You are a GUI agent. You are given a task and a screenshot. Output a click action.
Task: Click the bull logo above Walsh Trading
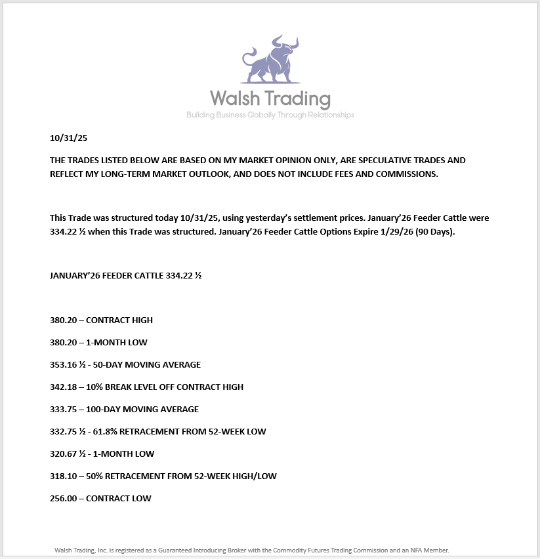click(x=270, y=60)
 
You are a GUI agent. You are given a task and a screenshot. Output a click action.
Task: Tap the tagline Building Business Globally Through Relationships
click(x=270, y=115)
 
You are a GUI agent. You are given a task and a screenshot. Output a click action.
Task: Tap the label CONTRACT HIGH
click(x=119, y=320)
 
